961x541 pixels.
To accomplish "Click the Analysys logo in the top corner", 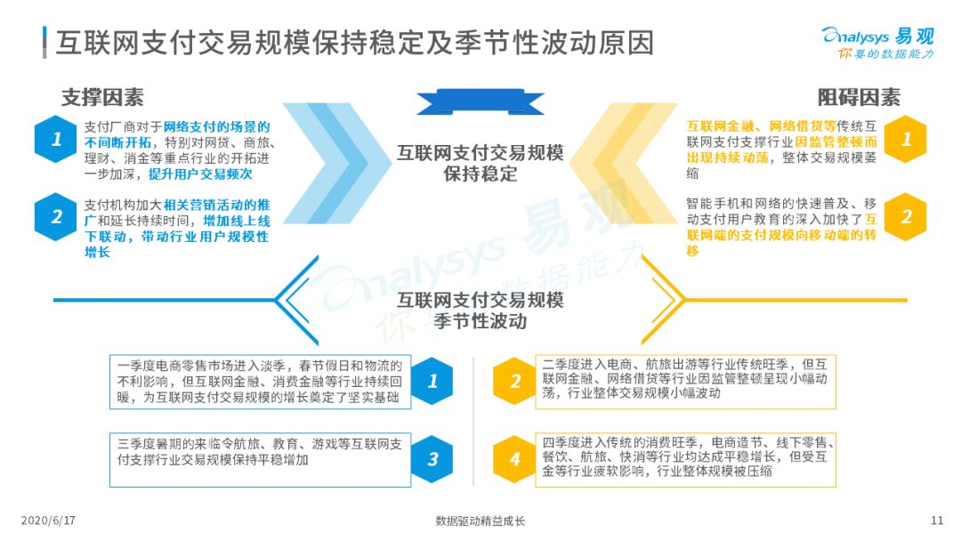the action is coord(877,43).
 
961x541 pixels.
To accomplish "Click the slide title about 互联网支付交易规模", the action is coord(355,43).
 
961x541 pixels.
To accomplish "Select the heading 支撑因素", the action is coord(102,97).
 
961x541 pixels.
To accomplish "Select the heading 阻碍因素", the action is coord(859,97).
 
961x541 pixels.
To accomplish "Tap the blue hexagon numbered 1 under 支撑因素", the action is coord(56,139).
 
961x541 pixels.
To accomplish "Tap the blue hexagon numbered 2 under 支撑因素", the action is coord(56,216).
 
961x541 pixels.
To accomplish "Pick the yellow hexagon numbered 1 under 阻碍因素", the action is coord(905,139).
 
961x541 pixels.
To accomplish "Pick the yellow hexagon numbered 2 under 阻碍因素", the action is coord(905,216).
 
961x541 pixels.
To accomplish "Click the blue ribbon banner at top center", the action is coord(480,101).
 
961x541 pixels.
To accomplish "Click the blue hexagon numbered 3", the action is coord(432,459).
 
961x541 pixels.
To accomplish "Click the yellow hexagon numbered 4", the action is coord(514,459).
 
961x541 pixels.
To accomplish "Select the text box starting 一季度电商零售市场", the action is coord(261,382).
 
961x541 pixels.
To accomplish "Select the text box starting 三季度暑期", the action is coord(261,460).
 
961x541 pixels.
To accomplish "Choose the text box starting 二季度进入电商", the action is coord(685,382).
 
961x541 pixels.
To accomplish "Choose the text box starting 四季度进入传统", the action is coord(685,460).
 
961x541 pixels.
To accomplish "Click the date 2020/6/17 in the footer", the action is coord(48,521).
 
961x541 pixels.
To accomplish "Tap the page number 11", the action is coord(936,521).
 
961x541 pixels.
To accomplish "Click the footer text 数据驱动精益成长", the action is coord(480,521).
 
